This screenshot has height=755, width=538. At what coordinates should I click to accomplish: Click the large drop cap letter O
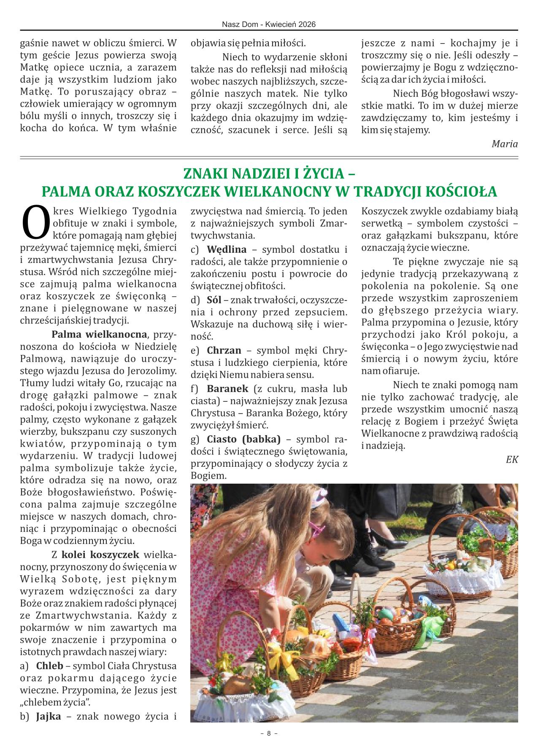coord(35,221)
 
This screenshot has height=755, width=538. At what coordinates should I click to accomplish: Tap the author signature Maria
coord(505,143)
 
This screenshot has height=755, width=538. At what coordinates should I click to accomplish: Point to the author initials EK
coord(512,460)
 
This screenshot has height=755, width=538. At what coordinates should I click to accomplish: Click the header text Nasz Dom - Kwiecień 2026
coord(269,25)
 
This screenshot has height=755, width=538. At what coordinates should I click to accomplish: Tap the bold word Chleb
coord(49,666)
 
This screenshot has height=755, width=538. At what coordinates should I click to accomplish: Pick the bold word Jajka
coord(49,716)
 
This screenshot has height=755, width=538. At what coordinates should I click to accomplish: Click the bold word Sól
coord(214,300)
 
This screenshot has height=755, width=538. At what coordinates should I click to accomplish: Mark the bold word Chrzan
coord(224,350)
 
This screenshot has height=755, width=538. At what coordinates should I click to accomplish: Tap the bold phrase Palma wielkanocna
coord(99,335)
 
